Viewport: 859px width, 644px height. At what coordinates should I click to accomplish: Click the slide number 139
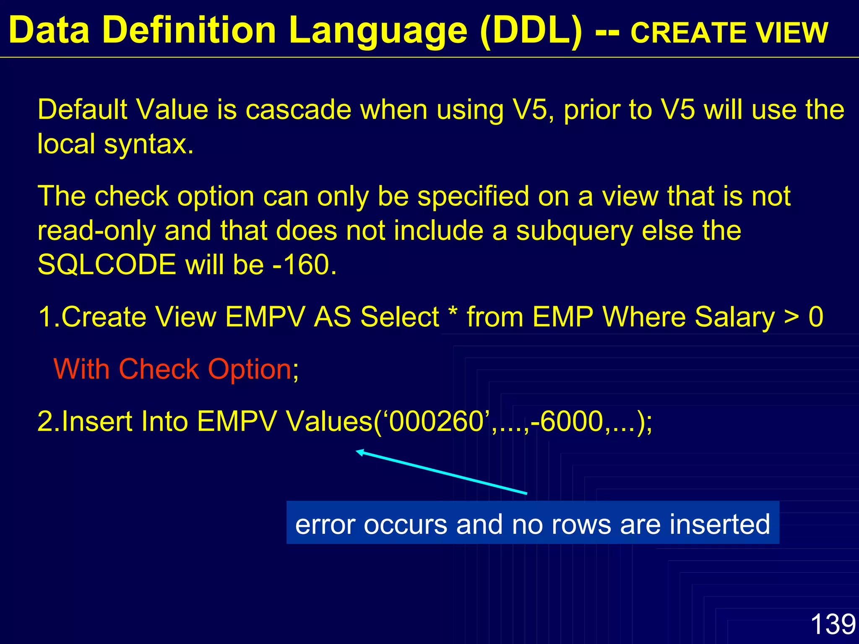833,624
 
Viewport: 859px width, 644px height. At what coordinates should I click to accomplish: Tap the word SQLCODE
107,265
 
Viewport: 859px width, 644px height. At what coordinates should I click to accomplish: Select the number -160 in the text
304,265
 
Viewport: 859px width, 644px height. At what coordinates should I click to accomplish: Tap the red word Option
250,369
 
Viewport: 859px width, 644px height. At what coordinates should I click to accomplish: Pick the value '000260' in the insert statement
437,421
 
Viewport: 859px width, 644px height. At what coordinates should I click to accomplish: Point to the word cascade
298,109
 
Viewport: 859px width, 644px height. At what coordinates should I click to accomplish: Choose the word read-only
97,231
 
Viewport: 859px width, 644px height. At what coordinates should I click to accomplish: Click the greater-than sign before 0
791,317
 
